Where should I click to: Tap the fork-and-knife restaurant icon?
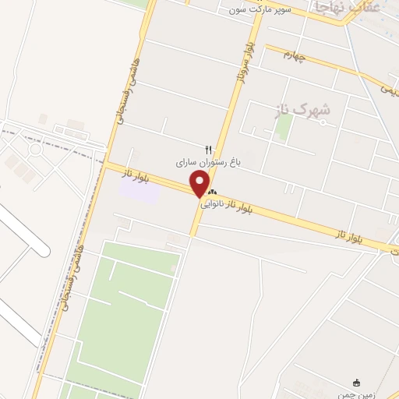point(208,149)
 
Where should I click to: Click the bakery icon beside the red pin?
point(212,192)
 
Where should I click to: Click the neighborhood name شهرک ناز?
point(303,110)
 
